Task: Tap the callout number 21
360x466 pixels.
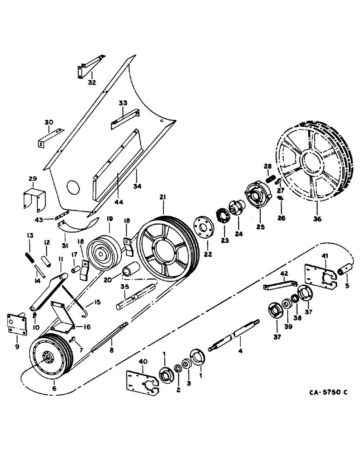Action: click(162, 199)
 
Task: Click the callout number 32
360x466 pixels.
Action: click(92, 82)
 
